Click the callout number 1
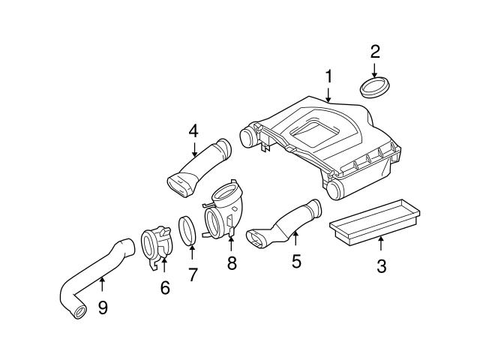[328, 76]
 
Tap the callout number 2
[375, 52]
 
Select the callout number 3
[381, 265]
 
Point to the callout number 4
[193, 130]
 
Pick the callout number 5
[295, 261]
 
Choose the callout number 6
[164, 287]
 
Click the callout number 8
[231, 262]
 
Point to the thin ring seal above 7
[189, 230]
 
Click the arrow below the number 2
[374, 70]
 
